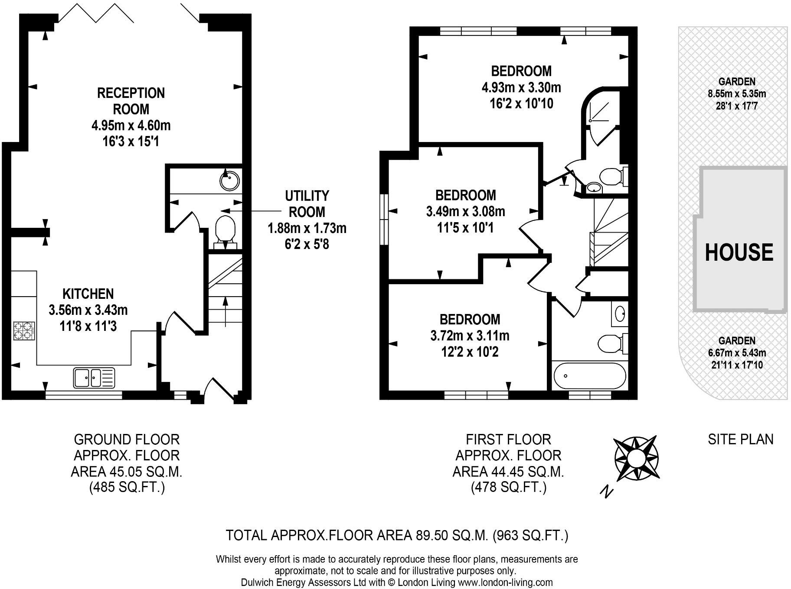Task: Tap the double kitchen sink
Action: point(94,377)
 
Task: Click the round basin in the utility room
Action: point(230,180)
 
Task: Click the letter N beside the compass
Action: point(607,491)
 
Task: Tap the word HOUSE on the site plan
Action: point(739,252)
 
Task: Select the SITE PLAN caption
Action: point(741,440)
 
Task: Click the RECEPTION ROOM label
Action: point(131,101)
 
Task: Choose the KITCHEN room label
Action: point(88,294)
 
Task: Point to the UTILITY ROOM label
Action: point(307,204)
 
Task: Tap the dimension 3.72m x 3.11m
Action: point(470,336)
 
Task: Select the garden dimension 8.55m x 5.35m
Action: point(737,94)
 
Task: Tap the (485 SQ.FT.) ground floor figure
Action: point(127,488)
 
